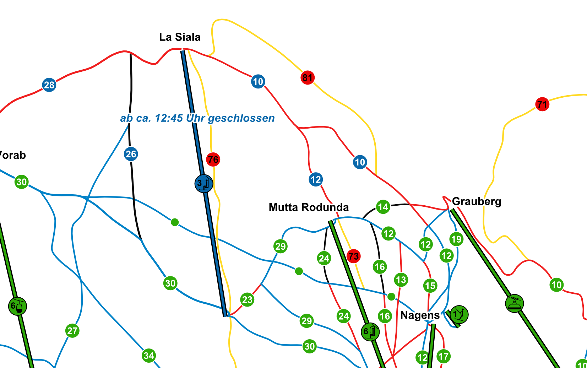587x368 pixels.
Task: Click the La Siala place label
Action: [x=180, y=37]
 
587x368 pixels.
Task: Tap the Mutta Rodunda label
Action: [x=309, y=207]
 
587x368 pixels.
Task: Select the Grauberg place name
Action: [x=477, y=201]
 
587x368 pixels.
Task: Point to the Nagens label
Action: [x=420, y=315]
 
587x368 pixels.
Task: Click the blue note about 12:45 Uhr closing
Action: [x=197, y=118]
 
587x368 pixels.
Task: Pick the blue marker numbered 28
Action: [x=49, y=85]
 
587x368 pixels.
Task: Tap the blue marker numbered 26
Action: [x=131, y=154]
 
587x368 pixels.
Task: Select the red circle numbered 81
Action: [x=308, y=77]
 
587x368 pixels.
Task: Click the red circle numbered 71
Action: [x=542, y=104]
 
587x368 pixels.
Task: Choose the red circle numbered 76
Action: [x=213, y=159]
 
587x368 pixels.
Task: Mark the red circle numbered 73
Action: [x=353, y=256]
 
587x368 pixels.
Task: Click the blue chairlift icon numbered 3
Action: [x=204, y=184]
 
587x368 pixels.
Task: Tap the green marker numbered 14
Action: [x=383, y=207]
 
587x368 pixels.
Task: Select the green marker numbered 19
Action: [x=456, y=239]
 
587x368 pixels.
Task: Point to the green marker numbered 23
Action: [x=247, y=299]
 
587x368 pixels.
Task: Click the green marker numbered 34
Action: [x=149, y=355]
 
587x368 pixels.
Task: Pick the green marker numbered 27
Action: [x=72, y=331]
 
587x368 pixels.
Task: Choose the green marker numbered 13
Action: [x=401, y=280]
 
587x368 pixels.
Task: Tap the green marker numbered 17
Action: [x=444, y=356]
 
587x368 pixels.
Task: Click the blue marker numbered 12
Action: [x=315, y=179]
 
